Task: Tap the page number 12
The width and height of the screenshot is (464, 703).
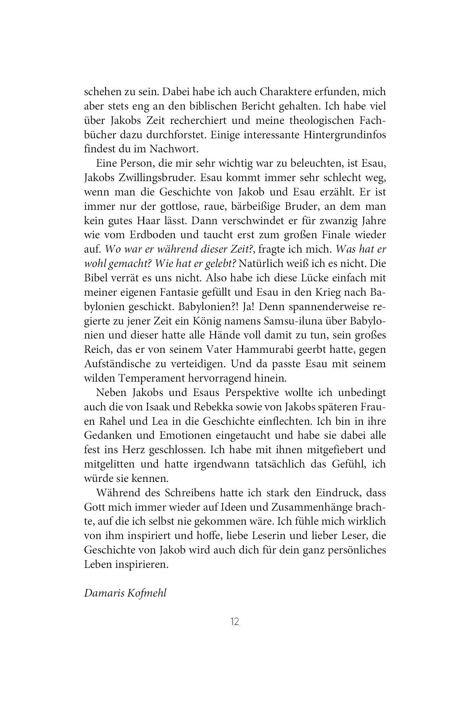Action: [x=235, y=621]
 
